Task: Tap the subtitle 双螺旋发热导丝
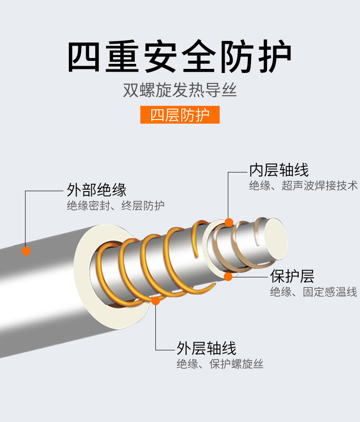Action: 180,90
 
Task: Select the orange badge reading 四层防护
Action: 180,115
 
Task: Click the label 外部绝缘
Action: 97,189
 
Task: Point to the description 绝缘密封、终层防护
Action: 115,206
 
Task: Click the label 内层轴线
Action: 279,170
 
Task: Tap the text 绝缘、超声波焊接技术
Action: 303,186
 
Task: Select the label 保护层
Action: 293,276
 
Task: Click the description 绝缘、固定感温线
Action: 313,292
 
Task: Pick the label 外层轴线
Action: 206,349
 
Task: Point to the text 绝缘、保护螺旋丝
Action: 220,364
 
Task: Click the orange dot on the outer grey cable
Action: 26,251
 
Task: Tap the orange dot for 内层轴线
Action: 229,223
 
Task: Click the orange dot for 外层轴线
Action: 156,301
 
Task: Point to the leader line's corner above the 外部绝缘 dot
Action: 26,191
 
